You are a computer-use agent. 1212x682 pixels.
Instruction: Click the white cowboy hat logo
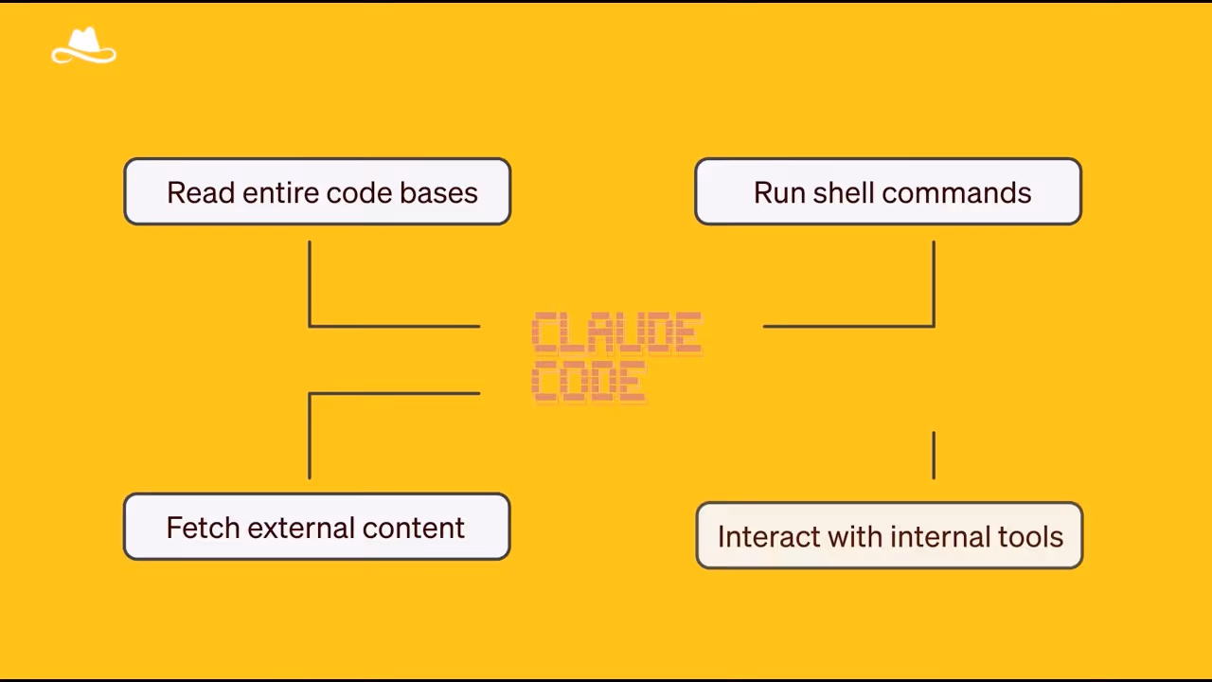coord(83,46)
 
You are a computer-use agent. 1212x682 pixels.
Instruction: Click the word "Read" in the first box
coord(201,192)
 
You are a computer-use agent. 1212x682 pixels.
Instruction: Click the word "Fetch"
coord(203,528)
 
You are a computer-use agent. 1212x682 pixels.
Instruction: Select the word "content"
coord(413,528)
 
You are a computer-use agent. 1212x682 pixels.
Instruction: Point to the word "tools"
coord(1030,537)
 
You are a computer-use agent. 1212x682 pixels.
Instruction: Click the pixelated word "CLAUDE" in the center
coord(616,333)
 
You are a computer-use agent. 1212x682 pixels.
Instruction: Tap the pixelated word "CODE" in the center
coord(589,382)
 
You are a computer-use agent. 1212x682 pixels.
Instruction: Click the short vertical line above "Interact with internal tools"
coord(934,455)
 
